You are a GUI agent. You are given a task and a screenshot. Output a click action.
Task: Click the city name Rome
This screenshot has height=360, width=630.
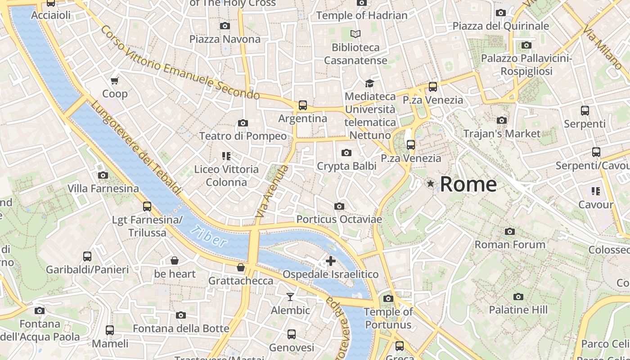(x=468, y=184)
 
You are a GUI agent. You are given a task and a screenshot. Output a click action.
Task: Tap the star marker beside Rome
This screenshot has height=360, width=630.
(x=431, y=184)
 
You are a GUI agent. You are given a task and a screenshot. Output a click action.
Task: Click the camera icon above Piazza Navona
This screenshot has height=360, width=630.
(x=225, y=26)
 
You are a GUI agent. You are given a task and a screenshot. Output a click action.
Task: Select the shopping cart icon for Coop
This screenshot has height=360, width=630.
(x=115, y=81)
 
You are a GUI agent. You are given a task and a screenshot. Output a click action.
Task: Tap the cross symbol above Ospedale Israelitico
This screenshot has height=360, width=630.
(x=331, y=261)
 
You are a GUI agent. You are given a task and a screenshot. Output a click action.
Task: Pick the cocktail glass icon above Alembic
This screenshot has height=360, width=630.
(x=290, y=297)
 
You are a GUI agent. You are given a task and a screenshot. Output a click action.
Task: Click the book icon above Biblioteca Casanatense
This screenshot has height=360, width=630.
(x=355, y=34)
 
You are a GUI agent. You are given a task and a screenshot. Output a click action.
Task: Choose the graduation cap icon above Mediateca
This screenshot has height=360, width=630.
(x=369, y=83)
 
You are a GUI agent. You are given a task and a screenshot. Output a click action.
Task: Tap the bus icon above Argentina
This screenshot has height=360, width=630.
(x=303, y=105)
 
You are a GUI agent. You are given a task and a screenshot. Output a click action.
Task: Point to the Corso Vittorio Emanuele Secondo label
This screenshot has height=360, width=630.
(x=180, y=63)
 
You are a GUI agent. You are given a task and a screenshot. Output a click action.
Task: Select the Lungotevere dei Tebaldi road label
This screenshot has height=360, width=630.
(x=137, y=149)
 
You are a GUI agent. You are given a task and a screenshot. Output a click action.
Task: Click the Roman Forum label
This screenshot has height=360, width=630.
(x=510, y=245)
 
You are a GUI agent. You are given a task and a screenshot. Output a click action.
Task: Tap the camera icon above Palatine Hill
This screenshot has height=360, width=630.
(x=518, y=297)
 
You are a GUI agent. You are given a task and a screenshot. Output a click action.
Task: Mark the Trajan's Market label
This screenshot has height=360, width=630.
(x=502, y=134)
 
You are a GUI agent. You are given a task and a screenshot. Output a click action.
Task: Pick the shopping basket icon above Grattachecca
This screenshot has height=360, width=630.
(x=241, y=268)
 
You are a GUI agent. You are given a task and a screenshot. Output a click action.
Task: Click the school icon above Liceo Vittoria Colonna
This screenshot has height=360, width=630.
(x=226, y=156)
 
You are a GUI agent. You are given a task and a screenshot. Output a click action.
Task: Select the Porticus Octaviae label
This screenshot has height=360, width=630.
(x=339, y=220)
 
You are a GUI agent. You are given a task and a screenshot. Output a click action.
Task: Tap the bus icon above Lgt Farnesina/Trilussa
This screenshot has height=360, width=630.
(x=147, y=207)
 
